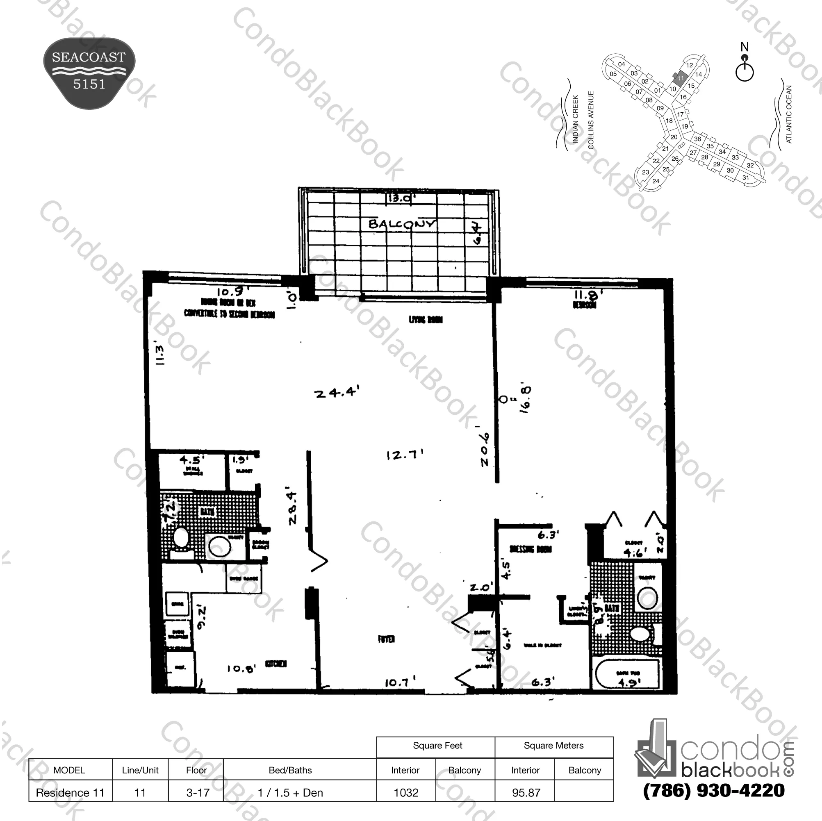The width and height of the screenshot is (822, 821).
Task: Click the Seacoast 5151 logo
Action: click(x=89, y=72)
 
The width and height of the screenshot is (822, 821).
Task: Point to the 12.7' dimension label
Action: click(x=405, y=455)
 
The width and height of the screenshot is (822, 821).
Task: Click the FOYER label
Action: click(x=386, y=639)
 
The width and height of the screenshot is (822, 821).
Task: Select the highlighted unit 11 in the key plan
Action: click(x=680, y=78)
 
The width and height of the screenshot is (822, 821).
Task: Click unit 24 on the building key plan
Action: click(x=656, y=181)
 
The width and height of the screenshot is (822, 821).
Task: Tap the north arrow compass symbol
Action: click(x=744, y=68)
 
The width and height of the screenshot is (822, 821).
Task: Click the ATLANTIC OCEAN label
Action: click(x=788, y=114)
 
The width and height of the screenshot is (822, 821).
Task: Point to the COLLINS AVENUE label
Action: click(x=590, y=120)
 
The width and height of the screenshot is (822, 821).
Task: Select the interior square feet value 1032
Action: click(x=406, y=792)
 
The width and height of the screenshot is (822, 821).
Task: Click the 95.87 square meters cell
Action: click(x=526, y=792)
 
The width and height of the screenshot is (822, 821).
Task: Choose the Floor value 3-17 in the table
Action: click(x=198, y=792)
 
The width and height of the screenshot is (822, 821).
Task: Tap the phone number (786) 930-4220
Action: click(x=713, y=790)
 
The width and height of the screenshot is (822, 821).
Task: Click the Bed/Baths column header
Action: click(x=290, y=770)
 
